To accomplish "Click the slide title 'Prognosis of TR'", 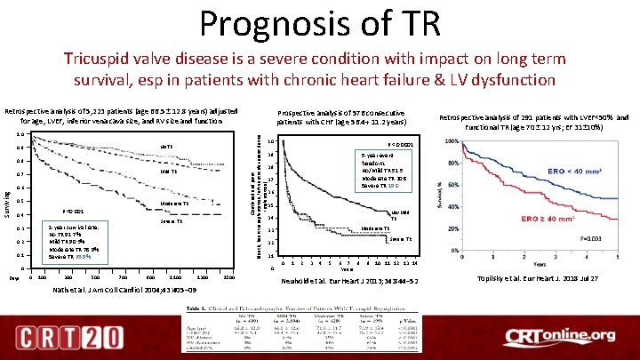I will click(319, 23).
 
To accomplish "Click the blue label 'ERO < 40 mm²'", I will click(575, 170).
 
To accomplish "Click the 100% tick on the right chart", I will click(452, 141).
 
